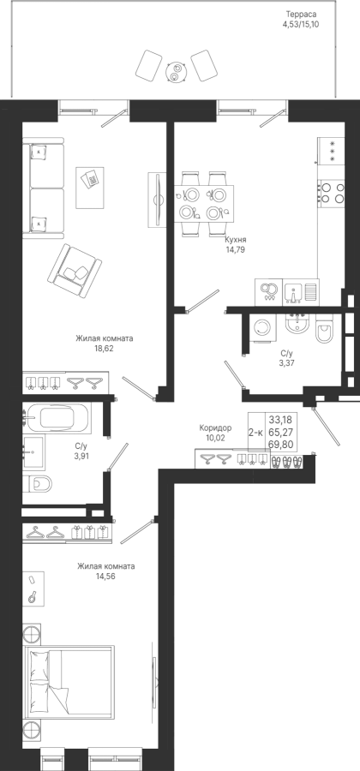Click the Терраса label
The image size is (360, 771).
point(303,15)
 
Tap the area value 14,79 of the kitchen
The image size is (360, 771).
point(235,249)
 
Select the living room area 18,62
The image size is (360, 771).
point(105,348)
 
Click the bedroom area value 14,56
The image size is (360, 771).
point(105,576)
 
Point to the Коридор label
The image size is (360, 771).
point(215,427)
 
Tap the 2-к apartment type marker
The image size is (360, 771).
point(255,433)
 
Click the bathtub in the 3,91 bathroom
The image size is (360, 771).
point(57,418)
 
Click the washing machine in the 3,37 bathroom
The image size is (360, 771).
point(265,327)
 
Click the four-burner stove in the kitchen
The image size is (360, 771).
point(332,193)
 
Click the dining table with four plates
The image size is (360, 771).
point(204,204)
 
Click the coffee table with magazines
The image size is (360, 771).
point(89,188)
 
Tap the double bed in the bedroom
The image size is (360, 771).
point(69,684)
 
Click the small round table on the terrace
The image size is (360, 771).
point(176,71)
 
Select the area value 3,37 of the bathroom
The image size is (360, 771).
point(287,363)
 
